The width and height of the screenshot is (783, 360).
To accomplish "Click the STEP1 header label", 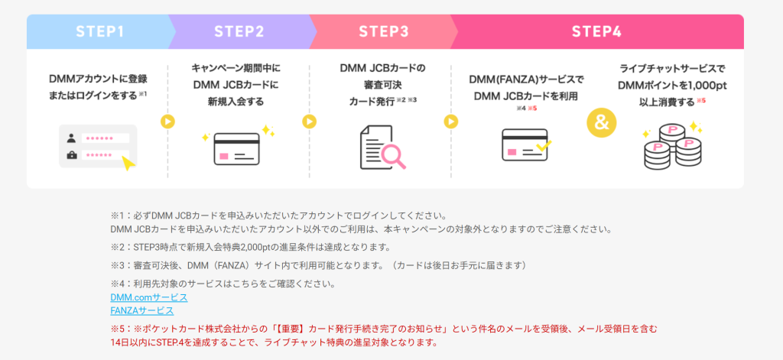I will (x=99, y=31).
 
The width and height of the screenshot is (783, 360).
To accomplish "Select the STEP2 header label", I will (x=239, y=31).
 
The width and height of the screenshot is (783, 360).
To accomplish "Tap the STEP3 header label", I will (x=383, y=31).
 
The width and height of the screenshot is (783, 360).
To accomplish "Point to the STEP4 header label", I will (x=596, y=31).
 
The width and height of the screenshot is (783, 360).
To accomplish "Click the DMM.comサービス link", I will (x=148, y=297).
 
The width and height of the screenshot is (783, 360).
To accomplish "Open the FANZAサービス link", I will (x=141, y=310).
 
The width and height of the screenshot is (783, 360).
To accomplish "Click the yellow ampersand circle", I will (x=602, y=122).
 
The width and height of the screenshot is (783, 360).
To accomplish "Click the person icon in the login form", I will (x=72, y=138).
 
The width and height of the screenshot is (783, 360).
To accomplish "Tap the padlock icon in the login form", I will (x=72, y=155).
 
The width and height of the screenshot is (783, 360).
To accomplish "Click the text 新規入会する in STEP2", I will (x=239, y=99).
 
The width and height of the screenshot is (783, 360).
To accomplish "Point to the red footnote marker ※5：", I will (x=121, y=328).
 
